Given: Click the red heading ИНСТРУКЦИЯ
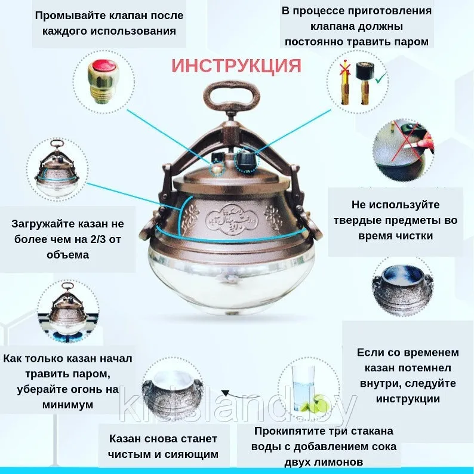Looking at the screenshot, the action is (x=236, y=66).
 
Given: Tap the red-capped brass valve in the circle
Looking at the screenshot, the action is (x=103, y=82).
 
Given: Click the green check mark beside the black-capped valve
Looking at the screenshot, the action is (x=381, y=79).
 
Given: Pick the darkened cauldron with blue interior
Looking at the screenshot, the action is (x=402, y=290).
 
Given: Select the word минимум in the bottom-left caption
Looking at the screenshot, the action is (x=67, y=405).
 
